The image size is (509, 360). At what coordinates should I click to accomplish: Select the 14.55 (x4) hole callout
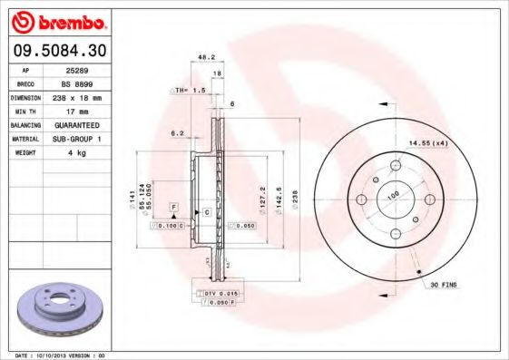coord(428,143)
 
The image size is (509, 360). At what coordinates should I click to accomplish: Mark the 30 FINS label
coord(444,285)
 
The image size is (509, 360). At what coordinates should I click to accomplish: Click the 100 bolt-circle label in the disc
coord(394,194)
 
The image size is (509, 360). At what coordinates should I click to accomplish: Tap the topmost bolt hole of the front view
coord(396,166)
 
